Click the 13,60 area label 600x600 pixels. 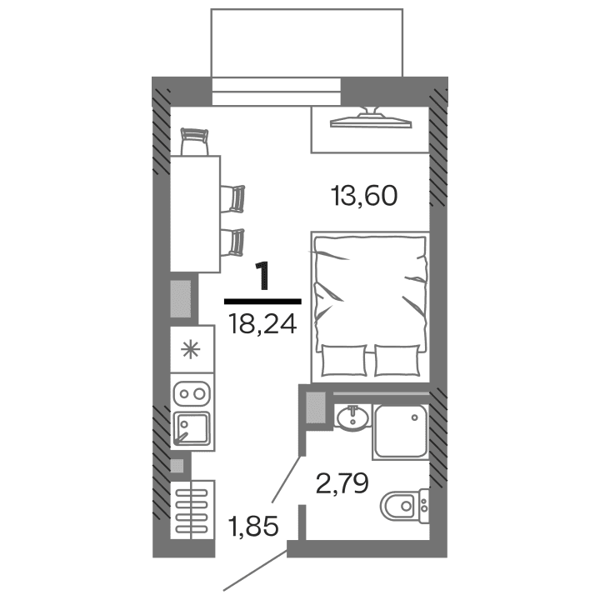click(364, 197)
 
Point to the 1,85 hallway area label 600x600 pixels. click(252, 526)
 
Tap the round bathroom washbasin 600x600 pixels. click(353, 417)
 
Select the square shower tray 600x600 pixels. click(400, 431)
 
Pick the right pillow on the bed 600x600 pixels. click(397, 361)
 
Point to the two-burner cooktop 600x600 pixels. click(192, 392)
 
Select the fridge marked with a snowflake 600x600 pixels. click(192, 349)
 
